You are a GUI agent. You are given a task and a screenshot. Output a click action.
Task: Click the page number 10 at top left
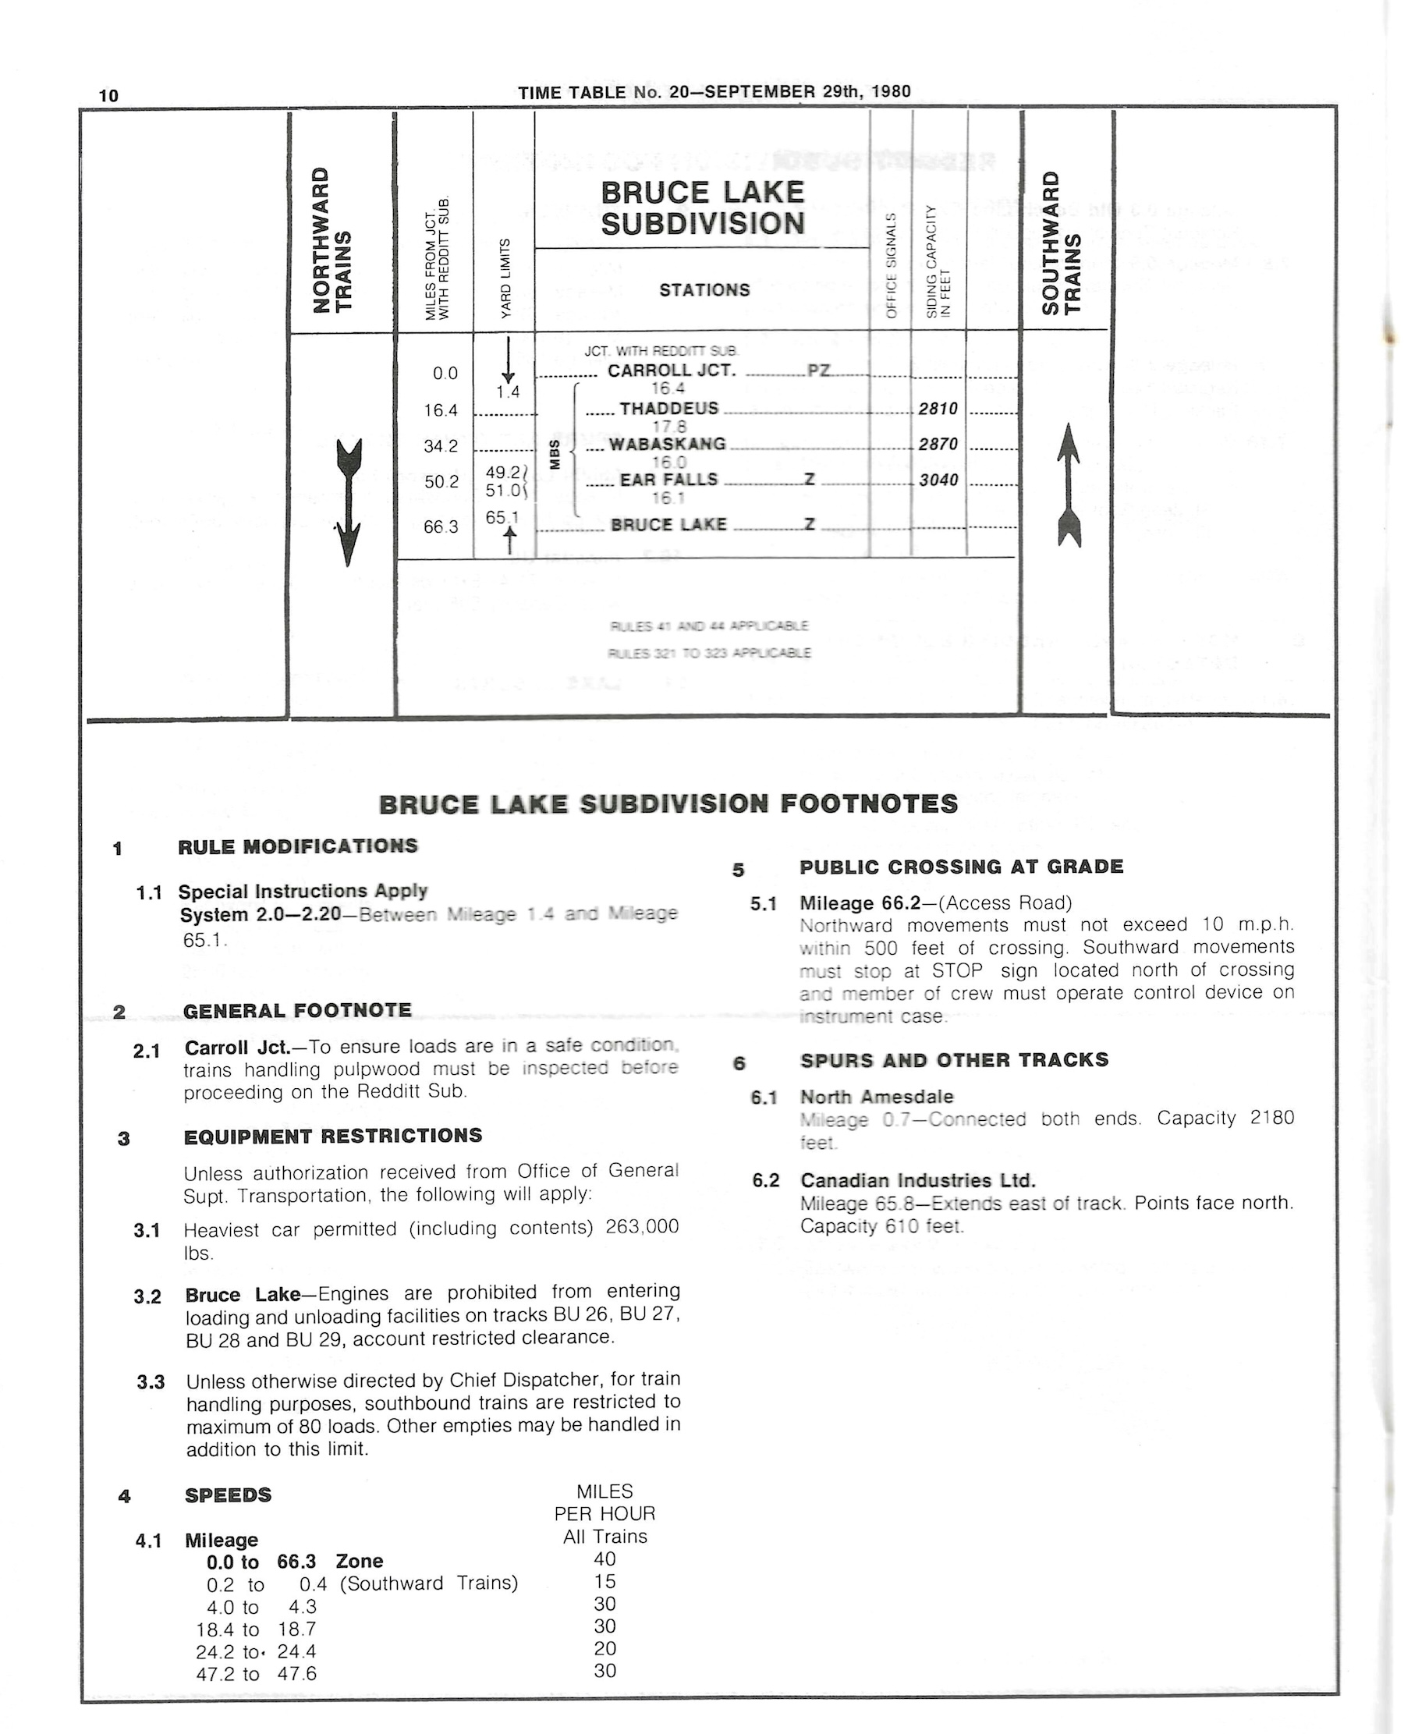[x=108, y=95]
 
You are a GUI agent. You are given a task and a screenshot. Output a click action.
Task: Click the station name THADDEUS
[x=668, y=409]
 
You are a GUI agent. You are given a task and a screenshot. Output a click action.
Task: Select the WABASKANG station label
[x=667, y=444]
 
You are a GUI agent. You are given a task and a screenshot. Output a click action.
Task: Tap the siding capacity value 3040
[x=938, y=480]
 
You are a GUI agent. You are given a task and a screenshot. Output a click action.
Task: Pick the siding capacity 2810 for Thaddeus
[x=938, y=409]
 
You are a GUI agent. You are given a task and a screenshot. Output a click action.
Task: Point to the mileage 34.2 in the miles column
[x=441, y=445]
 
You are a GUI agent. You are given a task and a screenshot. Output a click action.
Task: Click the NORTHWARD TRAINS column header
[x=332, y=239]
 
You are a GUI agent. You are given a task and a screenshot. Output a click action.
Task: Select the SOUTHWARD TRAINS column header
[x=1061, y=243]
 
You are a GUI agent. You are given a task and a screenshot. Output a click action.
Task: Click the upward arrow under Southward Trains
[x=1069, y=484]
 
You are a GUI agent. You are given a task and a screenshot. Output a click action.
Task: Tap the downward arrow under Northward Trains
[x=348, y=502]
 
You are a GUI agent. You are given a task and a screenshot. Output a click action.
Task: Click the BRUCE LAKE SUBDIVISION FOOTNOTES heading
[x=668, y=804]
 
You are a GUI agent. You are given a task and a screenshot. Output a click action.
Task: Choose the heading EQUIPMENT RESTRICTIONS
[x=332, y=1136]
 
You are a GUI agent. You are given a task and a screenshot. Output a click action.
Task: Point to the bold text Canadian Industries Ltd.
[x=917, y=1180]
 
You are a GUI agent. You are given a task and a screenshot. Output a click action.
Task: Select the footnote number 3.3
[x=151, y=1382]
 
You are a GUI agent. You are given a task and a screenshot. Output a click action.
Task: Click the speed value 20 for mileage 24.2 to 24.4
[x=605, y=1648]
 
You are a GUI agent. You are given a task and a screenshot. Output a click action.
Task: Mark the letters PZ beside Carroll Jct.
[x=818, y=371]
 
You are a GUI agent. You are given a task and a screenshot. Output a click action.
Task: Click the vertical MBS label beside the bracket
[x=554, y=455]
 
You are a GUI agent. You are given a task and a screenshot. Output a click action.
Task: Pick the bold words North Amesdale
[x=877, y=1097]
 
